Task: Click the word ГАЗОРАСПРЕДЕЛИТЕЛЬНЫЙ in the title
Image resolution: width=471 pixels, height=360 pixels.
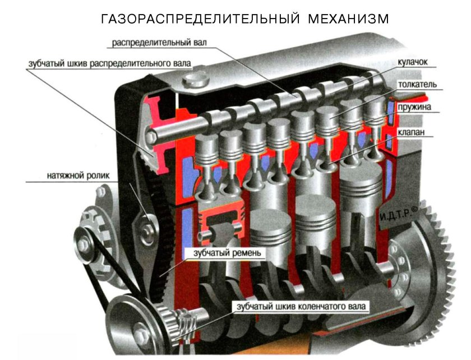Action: pyautogui.click(x=199, y=19)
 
